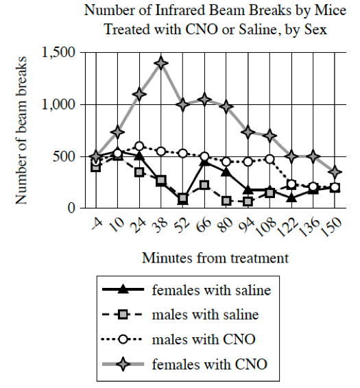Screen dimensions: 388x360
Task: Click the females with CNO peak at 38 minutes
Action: (x=161, y=63)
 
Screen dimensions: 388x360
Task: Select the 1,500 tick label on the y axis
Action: (x=58, y=53)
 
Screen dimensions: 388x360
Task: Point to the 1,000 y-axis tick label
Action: (x=58, y=105)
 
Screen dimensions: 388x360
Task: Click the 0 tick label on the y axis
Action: (x=72, y=208)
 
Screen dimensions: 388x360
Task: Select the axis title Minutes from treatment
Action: (x=215, y=258)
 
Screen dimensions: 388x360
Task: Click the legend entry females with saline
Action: (x=211, y=290)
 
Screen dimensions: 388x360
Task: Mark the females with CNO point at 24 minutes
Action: (x=139, y=95)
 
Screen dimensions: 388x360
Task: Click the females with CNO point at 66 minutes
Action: (x=204, y=99)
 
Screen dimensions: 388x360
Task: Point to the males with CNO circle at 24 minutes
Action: (x=139, y=146)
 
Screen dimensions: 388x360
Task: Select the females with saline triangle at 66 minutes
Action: (x=204, y=161)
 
